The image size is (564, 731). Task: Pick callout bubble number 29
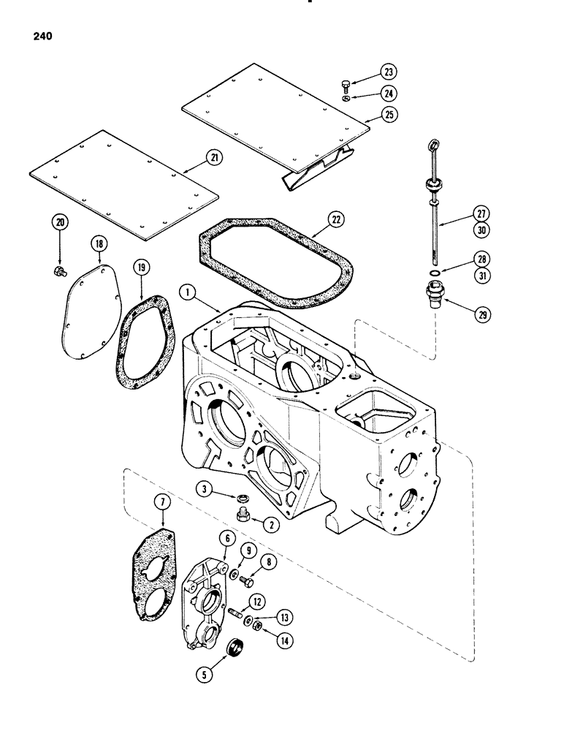[483, 315]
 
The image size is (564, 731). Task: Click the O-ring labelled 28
[434, 275]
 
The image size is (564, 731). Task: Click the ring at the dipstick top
[436, 144]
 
